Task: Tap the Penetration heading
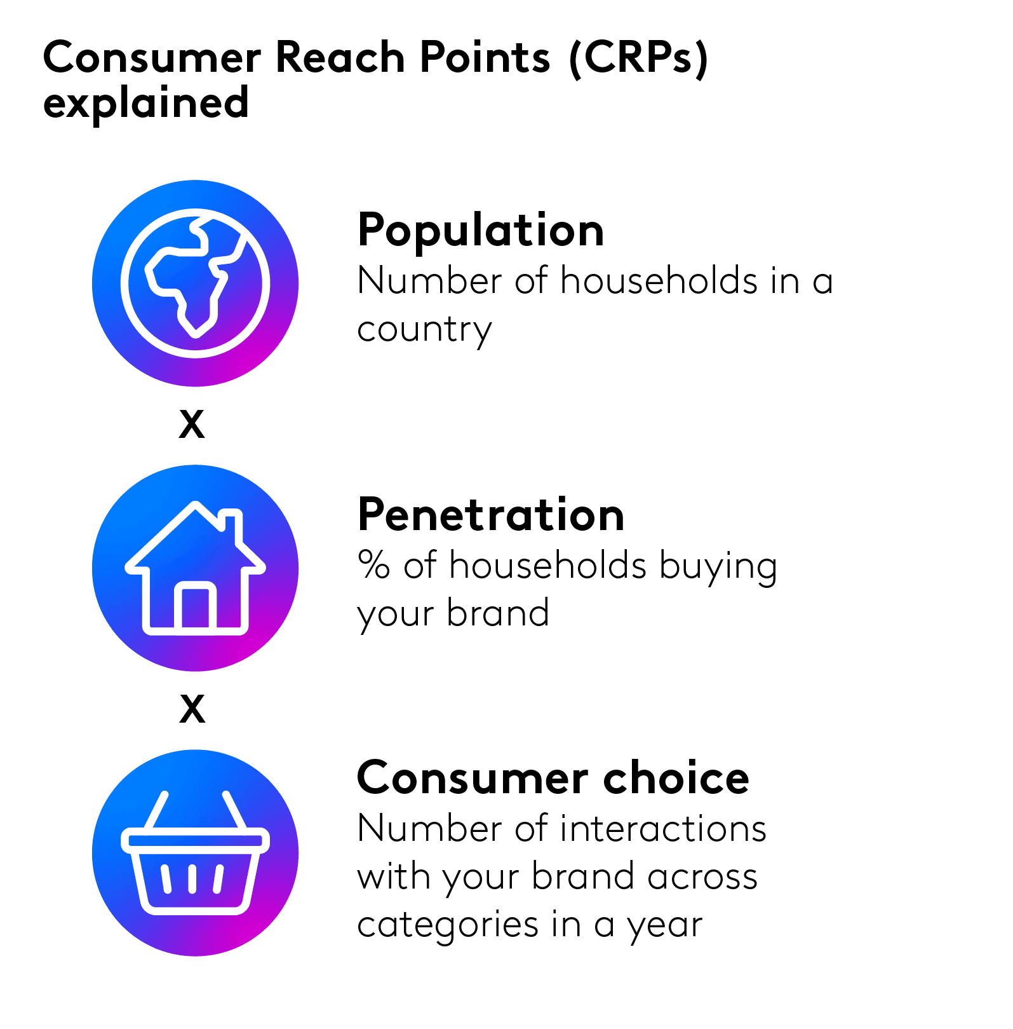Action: coord(491,514)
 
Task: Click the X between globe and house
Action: coord(192,424)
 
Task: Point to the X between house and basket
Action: coord(192,709)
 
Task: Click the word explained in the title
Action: coord(145,104)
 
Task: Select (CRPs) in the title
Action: coord(638,58)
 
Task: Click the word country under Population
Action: coord(424,331)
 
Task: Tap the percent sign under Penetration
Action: coord(373,564)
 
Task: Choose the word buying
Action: coord(718,567)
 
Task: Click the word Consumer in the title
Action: coord(152,58)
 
